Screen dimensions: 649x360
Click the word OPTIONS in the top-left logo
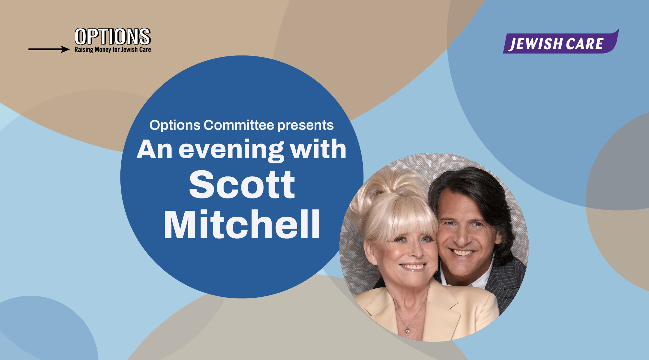[x=113, y=36]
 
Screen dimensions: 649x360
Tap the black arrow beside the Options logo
[x=49, y=49]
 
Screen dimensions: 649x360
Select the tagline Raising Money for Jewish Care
[x=113, y=50]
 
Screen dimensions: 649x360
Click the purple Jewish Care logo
[x=561, y=42]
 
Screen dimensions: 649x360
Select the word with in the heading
[x=318, y=149]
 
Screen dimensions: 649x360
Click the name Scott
[x=242, y=185]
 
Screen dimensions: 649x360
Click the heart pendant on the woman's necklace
[x=407, y=330]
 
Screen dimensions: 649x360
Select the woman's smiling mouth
[x=413, y=267]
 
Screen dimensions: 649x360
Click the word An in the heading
[x=154, y=150]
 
